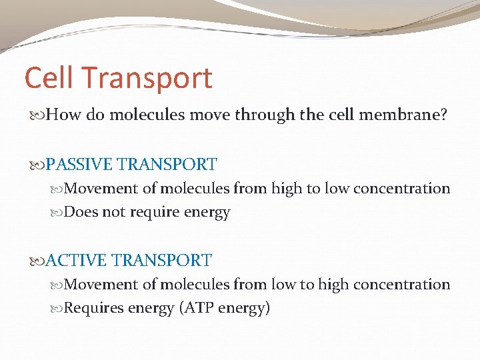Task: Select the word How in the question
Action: [x=64, y=115]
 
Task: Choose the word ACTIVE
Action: [x=76, y=260]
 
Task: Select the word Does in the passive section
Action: [x=81, y=213]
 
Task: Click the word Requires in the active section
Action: [x=92, y=309]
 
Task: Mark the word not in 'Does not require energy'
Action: [x=111, y=213]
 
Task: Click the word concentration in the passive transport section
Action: [x=401, y=189]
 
